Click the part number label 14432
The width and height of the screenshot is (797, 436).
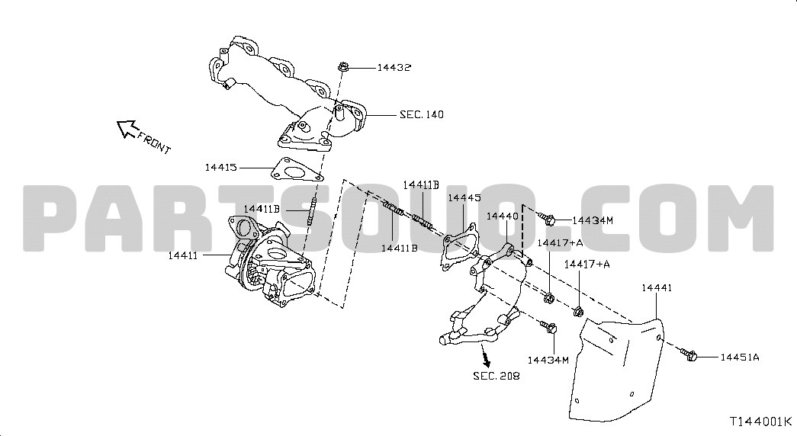coord(394,67)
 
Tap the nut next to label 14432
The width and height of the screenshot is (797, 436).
coord(342,66)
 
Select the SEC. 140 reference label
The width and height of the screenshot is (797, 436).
coord(421,114)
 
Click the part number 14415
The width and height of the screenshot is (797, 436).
coord(221,167)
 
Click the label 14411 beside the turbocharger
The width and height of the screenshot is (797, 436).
coord(182,255)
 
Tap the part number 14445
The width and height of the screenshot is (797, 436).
coord(464,197)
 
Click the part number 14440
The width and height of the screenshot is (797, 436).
coord(502,216)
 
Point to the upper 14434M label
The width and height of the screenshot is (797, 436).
coord(593,220)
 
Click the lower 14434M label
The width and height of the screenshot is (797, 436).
coord(548,360)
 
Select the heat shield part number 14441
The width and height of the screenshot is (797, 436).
coord(657,287)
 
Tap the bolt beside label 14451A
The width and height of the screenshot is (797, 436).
coord(688,354)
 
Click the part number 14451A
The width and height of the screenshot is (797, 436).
coord(740,357)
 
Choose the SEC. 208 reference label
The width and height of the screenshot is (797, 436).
coord(497,376)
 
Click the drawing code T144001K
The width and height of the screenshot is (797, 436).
coord(761,422)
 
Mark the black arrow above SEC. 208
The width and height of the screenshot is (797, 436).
coord(485,356)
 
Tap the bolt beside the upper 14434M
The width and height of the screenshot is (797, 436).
coord(546,219)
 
